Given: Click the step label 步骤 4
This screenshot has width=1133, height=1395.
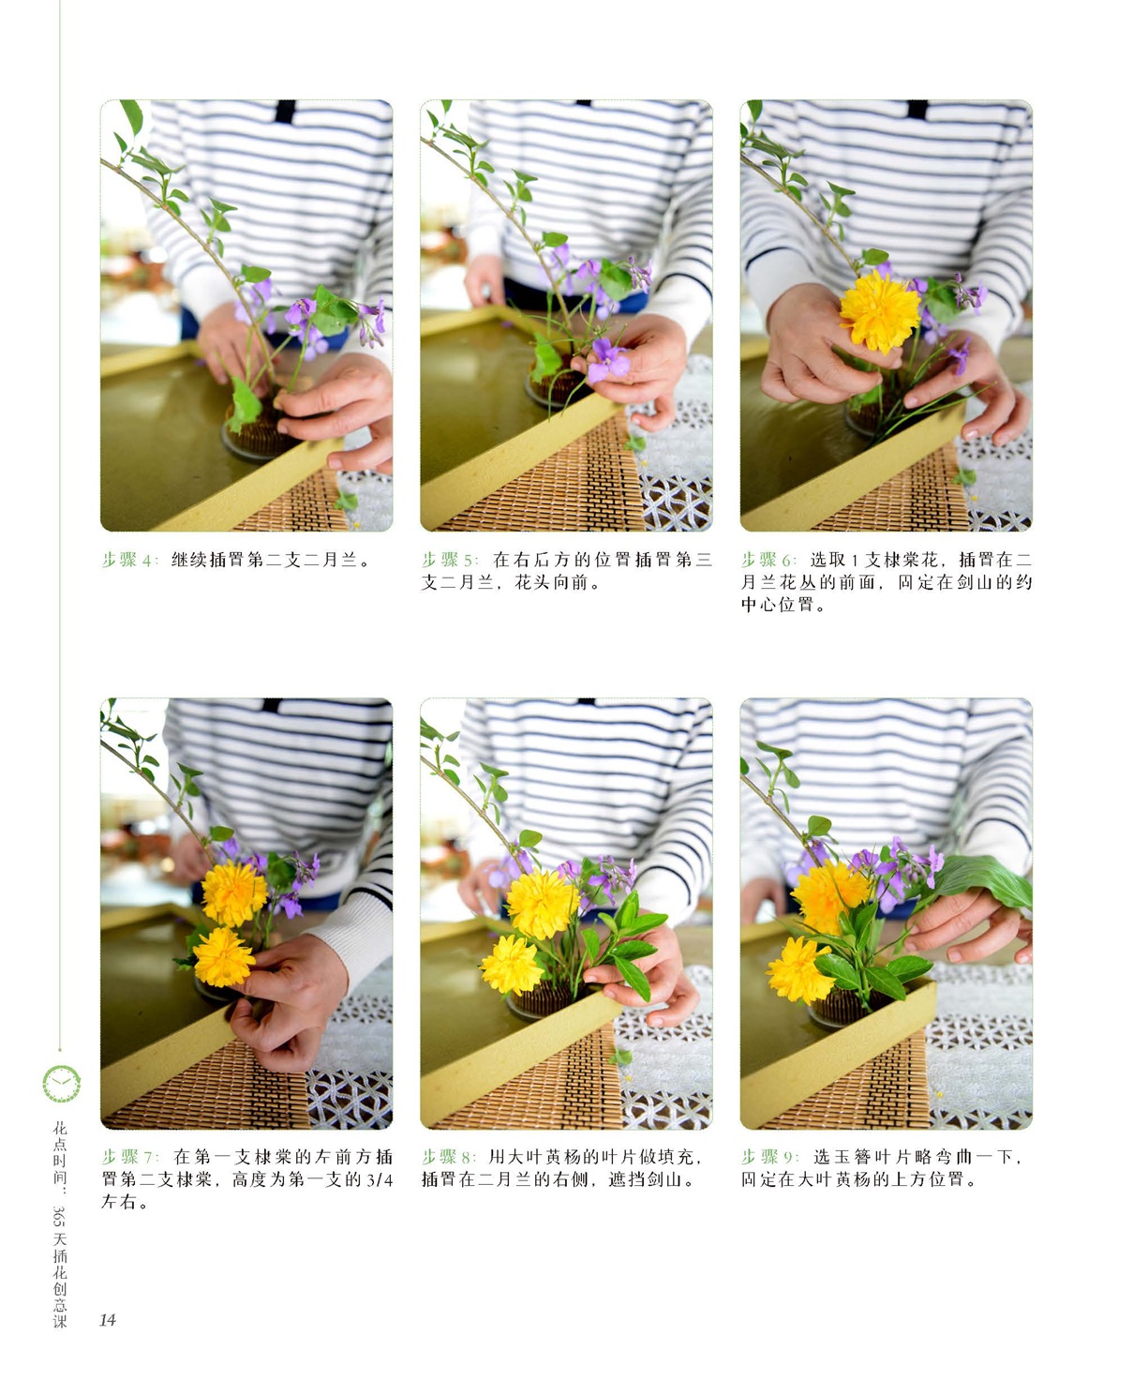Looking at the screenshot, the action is pyautogui.click(x=129, y=560).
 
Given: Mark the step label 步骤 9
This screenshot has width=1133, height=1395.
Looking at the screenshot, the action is pyautogui.click(x=770, y=1157).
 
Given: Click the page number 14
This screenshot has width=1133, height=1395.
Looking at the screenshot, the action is pyautogui.click(x=108, y=1320).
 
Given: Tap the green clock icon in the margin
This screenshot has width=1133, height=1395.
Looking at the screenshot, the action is pyautogui.click(x=62, y=1084).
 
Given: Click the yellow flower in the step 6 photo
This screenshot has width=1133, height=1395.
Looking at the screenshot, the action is pyautogui.click(x=880, y=312).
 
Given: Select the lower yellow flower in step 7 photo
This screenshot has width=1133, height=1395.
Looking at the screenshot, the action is pyautogui.click(x=223, y=957).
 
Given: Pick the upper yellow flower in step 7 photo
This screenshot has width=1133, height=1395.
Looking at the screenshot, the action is pyautogui.click(x=234, y=894).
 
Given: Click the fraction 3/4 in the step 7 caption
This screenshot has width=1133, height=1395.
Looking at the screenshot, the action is pyautogui.click(x=380, y=1180).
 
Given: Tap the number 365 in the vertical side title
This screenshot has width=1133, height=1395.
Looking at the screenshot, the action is pyautogui.click(x=60, y=1216).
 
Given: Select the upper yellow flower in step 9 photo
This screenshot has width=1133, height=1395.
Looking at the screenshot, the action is pyautogui.click(x=830, y=897).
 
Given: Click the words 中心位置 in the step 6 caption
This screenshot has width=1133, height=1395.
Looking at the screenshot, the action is pyautogui.click(x=778, y=605).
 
